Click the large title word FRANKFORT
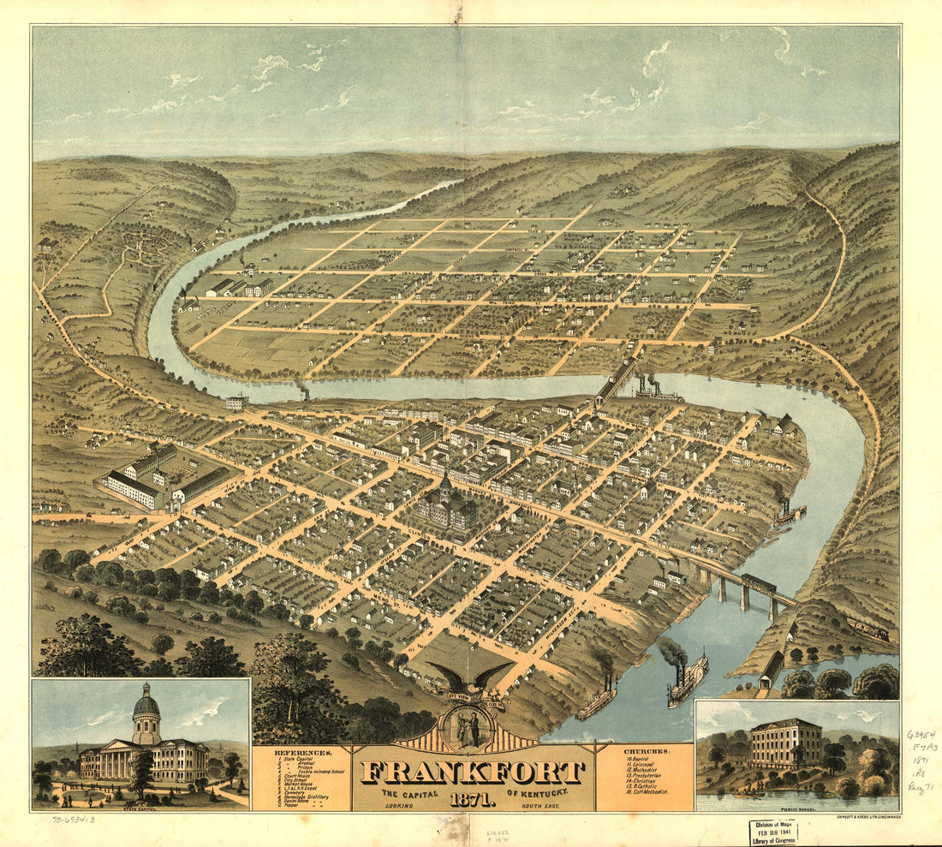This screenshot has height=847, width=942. pyautogui.click(x=474, y=772)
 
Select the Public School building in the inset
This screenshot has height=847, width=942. pyautogui.click(x=785, y=742)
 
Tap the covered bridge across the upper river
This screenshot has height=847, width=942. pyautogui.click(x=616, y=381)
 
